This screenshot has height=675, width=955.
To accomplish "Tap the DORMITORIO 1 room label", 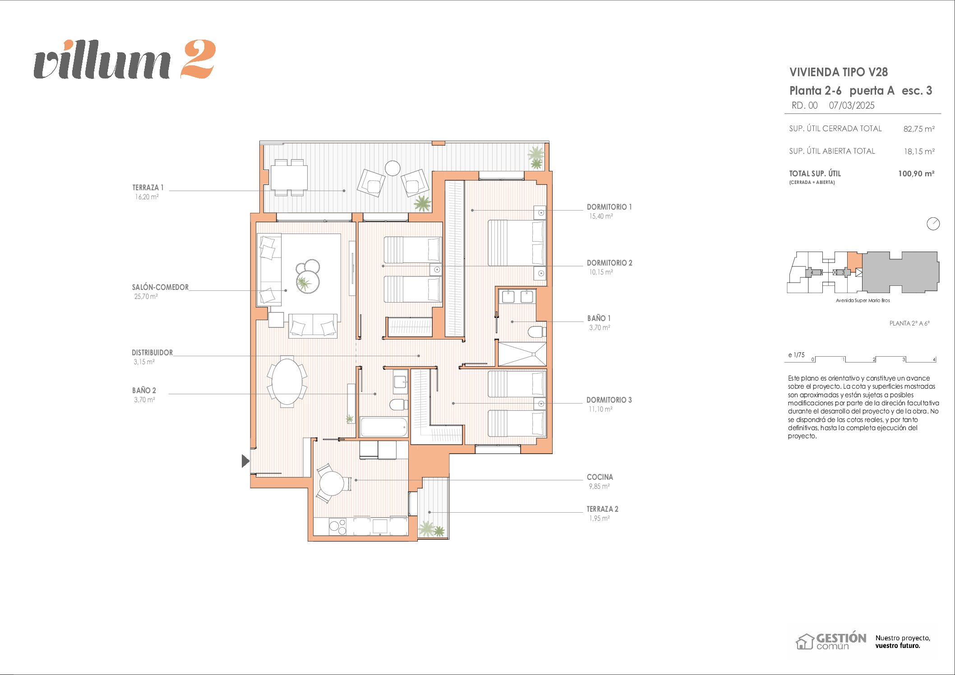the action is (609, 207).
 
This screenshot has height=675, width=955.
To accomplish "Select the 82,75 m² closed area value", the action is (919, 129).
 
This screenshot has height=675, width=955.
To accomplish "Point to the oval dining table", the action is (287, 382).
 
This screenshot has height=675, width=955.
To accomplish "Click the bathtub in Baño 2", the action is (384, 427).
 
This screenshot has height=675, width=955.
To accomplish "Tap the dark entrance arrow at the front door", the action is (245, 461).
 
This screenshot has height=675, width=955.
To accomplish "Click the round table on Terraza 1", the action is (393, 168).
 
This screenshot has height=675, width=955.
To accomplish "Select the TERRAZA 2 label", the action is (602, 509).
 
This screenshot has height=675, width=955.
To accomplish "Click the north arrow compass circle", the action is (933, 224).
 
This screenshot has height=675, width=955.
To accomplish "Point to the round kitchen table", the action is (332, 483).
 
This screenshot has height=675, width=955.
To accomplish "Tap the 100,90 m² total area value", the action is (916, 174).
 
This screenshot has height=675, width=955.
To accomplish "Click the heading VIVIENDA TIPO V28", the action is (839, 72).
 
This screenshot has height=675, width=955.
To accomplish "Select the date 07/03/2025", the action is (852, 106).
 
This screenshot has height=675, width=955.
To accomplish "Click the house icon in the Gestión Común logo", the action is (804, 642).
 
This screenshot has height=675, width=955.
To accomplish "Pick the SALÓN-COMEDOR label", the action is (160, 287).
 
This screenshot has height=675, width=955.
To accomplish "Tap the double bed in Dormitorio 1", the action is (517, 243).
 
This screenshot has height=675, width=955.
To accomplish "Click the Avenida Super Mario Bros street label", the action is (863, 300).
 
